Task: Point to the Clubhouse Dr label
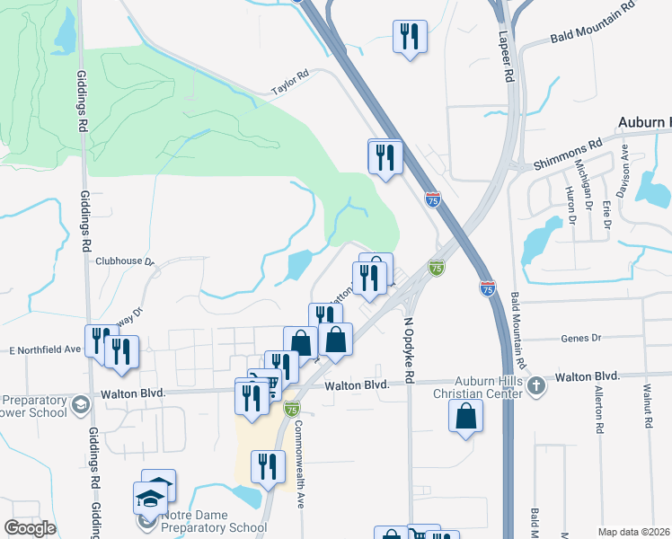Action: pyautogui.click(x=125, y=261)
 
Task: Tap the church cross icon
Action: pyautogui.click(x=536, y=387)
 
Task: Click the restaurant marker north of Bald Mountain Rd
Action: pyautogui.click(x=410, y=37)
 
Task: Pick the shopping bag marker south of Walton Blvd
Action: pyautogui.click(x=465, y=416)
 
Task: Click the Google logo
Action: pyautogui.click(x=30, y=528)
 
